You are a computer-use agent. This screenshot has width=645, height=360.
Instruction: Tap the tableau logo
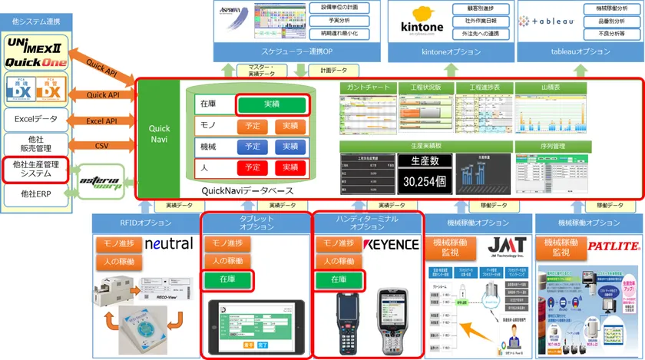coord(547,22)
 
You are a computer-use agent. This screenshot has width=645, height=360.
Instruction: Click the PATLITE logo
coord(614,247)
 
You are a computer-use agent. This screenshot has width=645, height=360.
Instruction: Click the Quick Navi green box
coord(159,134)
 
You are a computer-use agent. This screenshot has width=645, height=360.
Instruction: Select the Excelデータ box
coord(35,119)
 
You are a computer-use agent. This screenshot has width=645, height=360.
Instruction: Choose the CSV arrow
coord(101,144)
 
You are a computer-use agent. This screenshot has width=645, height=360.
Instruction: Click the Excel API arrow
coord(101,121)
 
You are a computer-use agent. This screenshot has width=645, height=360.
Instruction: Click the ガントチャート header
coord(365,88)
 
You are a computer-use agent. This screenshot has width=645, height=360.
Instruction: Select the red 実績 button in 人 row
coord(289,167)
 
